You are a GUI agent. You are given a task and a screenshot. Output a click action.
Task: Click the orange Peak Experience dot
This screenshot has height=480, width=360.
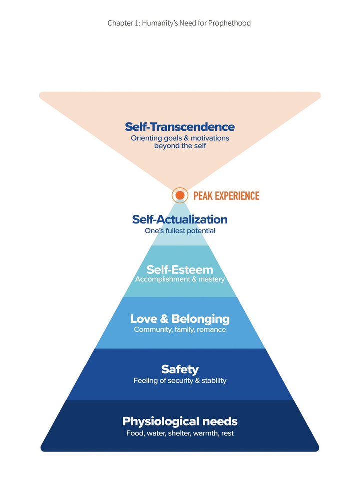(x=180, y=195)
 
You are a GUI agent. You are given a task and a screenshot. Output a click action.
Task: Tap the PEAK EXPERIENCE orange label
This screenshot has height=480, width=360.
(x=226, y=196)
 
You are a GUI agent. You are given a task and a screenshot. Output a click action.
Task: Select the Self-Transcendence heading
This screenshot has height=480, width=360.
(x=180, y=127)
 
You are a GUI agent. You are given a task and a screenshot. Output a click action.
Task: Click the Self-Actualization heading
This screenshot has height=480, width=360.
(x=180, y=219)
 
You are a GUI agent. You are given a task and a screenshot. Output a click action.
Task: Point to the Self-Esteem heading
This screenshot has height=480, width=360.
(x=180, y=270)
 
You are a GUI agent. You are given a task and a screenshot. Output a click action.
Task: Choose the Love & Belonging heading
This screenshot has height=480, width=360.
(x=180, y=319)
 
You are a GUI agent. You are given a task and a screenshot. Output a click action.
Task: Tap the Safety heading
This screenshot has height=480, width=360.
(x=180, y=369)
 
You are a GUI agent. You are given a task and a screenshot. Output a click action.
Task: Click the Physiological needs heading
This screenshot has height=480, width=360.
(x=180, y=421)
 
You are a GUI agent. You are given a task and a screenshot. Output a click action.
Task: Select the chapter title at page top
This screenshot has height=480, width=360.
(x=179, y=23)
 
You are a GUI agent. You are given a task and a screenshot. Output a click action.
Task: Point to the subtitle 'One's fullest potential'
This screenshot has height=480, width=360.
(x=180, y=231)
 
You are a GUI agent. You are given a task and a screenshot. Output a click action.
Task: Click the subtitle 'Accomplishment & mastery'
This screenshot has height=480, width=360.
(x=180, y=280)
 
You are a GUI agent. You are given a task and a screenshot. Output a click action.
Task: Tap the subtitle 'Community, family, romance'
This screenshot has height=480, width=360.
(x=180, y=330)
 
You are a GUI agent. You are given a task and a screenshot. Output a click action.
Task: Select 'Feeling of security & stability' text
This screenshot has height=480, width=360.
(x=180, y=381)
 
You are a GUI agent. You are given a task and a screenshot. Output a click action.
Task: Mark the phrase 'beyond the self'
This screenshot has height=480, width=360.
(x=180, y=146)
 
